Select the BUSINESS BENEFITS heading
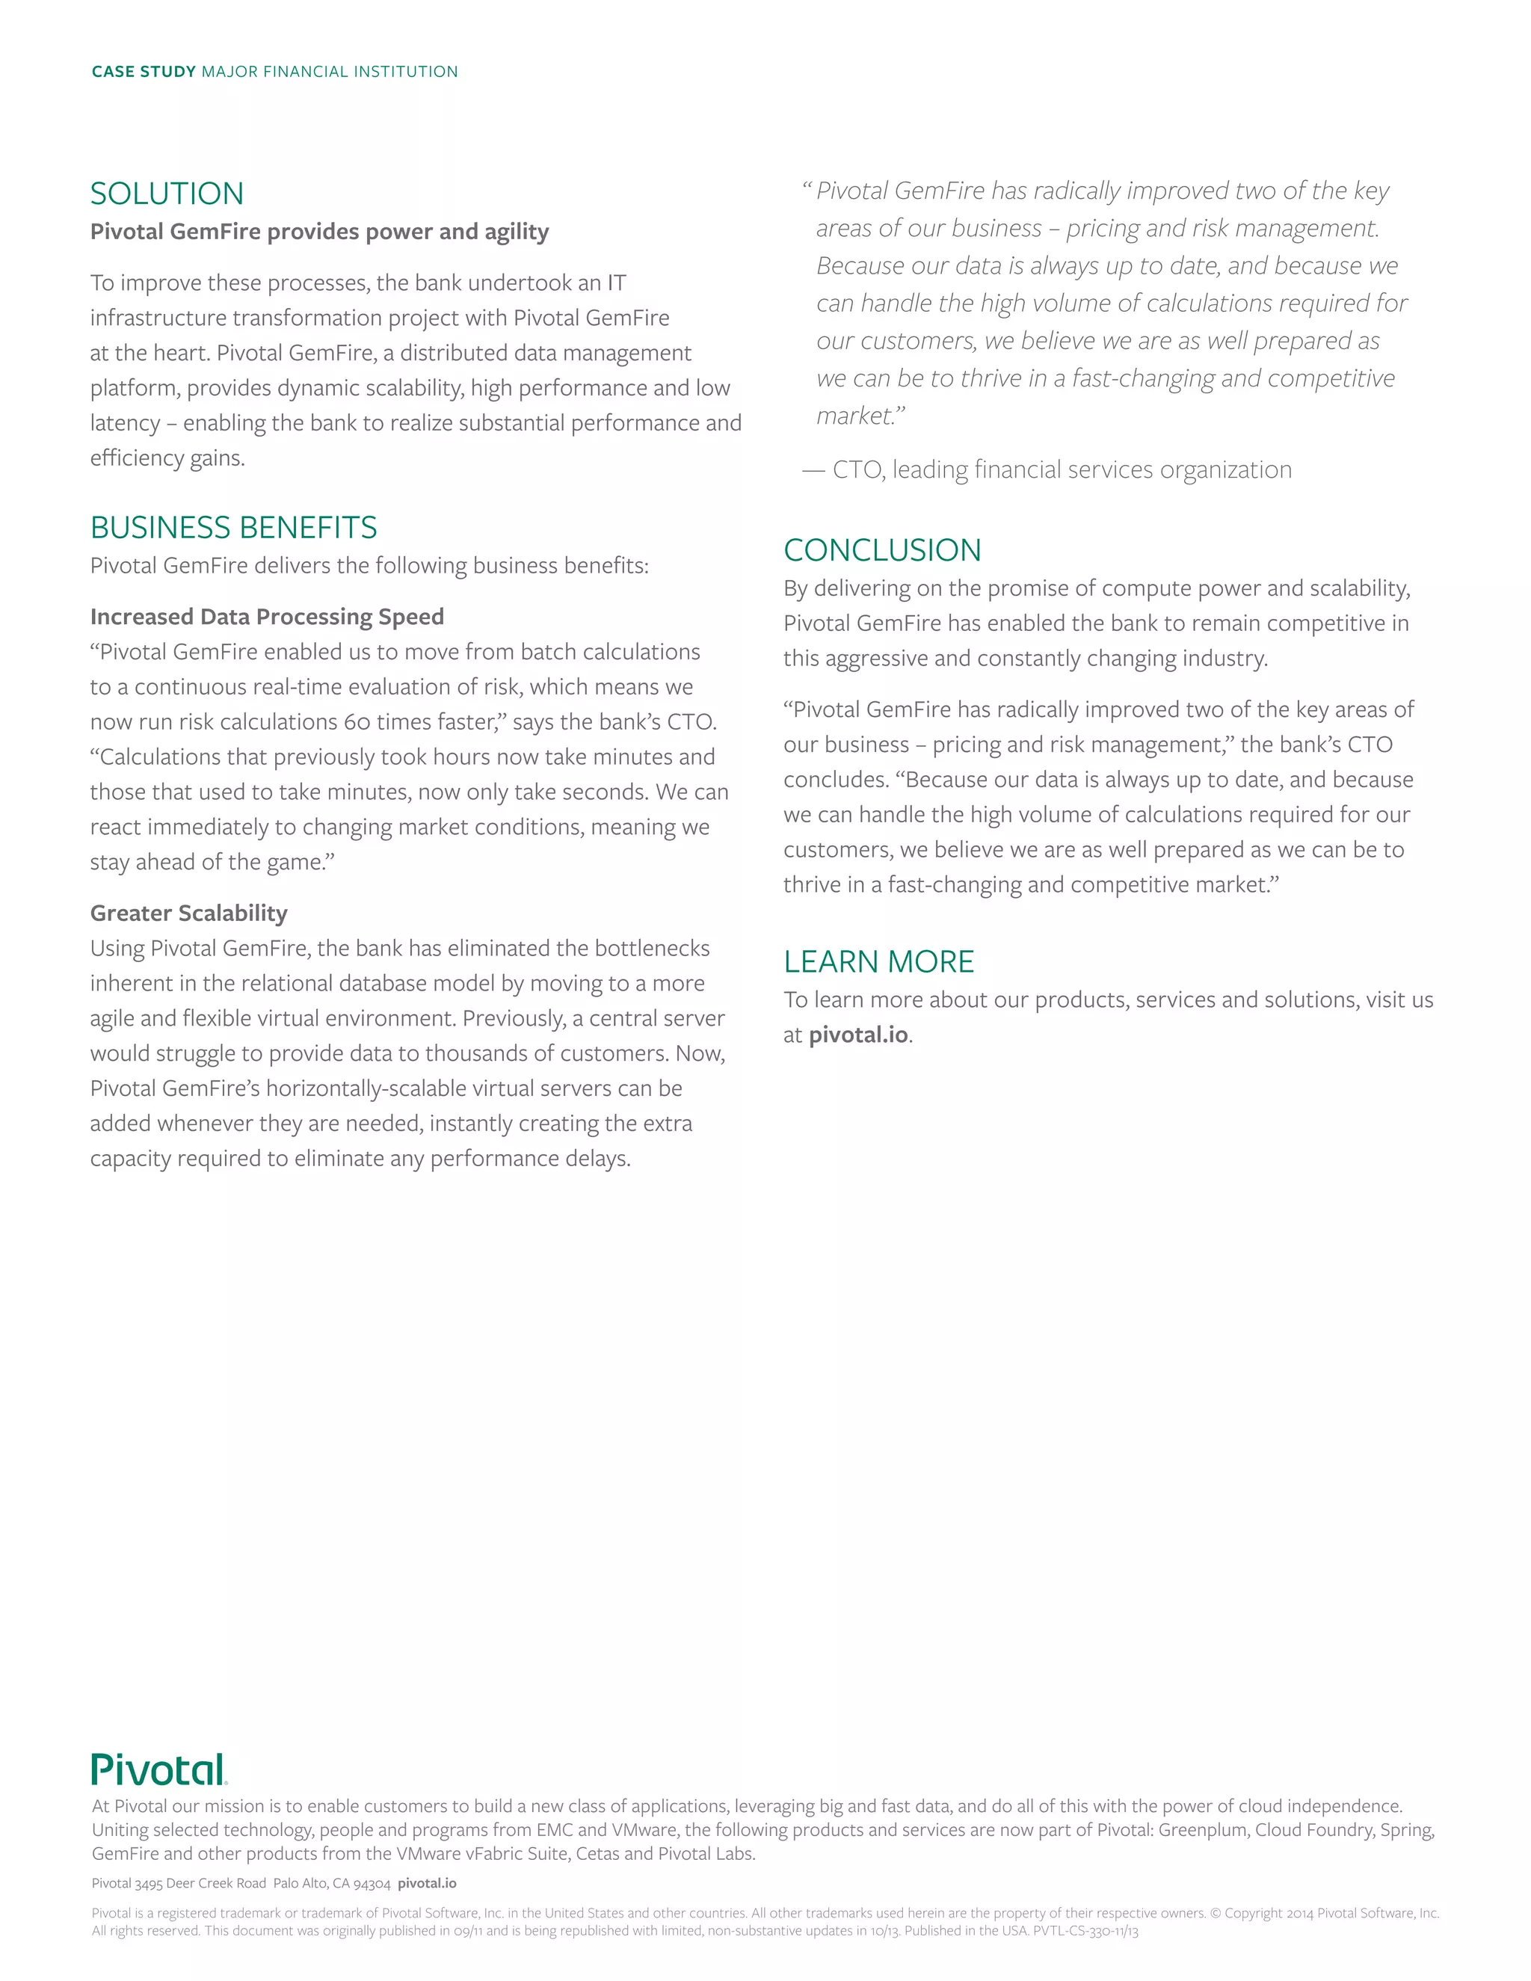pyautogui.click(x=233, y=527)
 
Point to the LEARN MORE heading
pyautogui.click(x=878, y=961)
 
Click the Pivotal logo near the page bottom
pyautogui.click(x=158, y=1769)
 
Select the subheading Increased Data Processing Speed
pyautogui.click(x=267, y=617)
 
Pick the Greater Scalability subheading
pyautogui.click(x=188, y=914)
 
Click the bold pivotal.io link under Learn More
pyautogui.click(x=858, y=1035)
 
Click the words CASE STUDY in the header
pyautogui.click(x=144, y=72)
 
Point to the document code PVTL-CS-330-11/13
pyautogui.click(x=1085, y=1931)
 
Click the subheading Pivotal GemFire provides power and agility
pyautogui.click(x=319, y=232)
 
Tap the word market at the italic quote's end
pyautogui.click(x=854, y=416)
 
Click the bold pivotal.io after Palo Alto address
pyautogui.click(x=427, y=1883)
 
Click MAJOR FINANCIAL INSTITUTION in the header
pyautogui.click(x=329, y=72)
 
